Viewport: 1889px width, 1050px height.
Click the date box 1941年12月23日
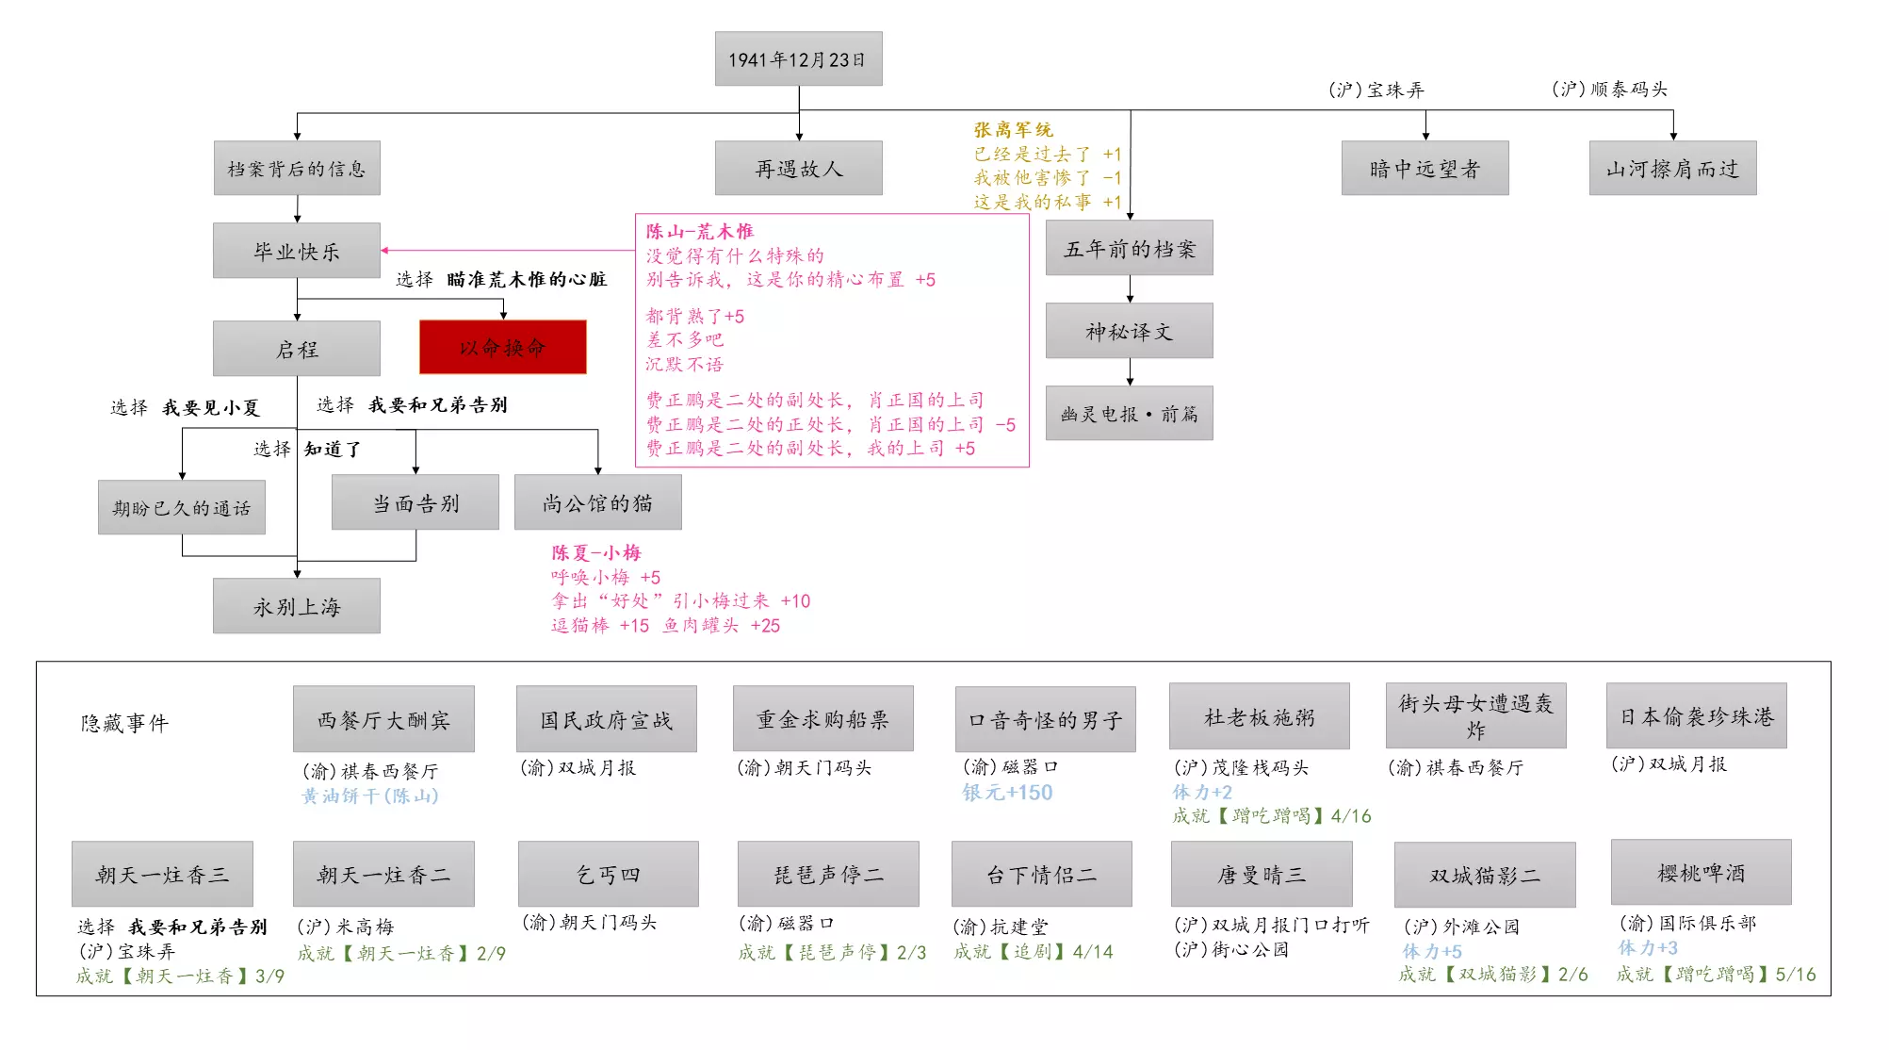pos(798,58)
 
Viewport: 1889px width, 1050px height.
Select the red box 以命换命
pos(503,347)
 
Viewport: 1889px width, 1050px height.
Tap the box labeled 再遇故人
pos(798,168)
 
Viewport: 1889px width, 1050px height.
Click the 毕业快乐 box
pos(297,251)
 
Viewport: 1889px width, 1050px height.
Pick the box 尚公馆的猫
pos(597,502)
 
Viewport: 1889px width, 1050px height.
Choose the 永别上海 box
pos(297,606)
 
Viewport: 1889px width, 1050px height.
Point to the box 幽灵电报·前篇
pos(1129,413)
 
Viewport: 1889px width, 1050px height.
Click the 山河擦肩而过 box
pos(1672,168)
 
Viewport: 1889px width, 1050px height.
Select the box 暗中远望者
pos(1425,168)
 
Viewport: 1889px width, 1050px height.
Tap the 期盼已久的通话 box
pos(182,507)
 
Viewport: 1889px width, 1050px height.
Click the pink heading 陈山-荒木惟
pos(699,231)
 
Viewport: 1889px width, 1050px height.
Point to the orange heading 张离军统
pos(1013,129)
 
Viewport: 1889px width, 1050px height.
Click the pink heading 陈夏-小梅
pos(595,552)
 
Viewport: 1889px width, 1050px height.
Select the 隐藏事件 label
pos(124,723)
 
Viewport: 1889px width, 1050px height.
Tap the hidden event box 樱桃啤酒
pos(1701,872)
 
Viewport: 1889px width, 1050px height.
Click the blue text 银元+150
pos(1007,793)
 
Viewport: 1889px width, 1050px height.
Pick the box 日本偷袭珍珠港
pos(1696,715)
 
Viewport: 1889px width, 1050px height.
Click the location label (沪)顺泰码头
pos(1609,89)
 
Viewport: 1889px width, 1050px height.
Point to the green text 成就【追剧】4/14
pos(1033,952)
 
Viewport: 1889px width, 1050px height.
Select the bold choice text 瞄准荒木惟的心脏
pos(527,279)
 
